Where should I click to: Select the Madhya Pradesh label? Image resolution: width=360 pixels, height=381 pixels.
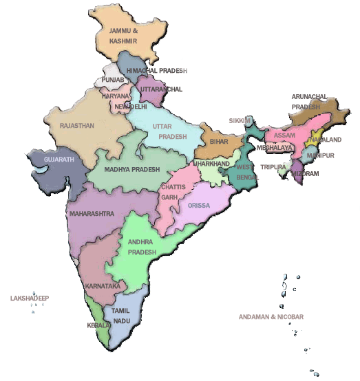point(132,169)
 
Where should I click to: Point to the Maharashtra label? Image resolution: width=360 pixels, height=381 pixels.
point(92,214)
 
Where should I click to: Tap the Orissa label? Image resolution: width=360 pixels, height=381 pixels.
point(199,205)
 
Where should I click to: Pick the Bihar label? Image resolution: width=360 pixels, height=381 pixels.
point(219,141)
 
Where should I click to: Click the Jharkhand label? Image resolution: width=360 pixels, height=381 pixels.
point(211,164)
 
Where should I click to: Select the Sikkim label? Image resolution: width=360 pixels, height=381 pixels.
point(240,120)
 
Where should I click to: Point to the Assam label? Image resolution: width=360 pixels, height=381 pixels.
point(284,135)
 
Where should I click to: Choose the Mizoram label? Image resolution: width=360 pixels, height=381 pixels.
point(306,174)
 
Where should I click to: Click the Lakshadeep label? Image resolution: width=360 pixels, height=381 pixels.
point(30,299)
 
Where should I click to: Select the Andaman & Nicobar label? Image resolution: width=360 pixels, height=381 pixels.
point(271,317)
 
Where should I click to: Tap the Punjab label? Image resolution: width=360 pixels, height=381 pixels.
point(113,80)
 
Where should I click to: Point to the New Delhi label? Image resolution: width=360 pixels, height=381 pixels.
point(131,107)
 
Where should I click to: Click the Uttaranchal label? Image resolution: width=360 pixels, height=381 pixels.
point(161,89)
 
